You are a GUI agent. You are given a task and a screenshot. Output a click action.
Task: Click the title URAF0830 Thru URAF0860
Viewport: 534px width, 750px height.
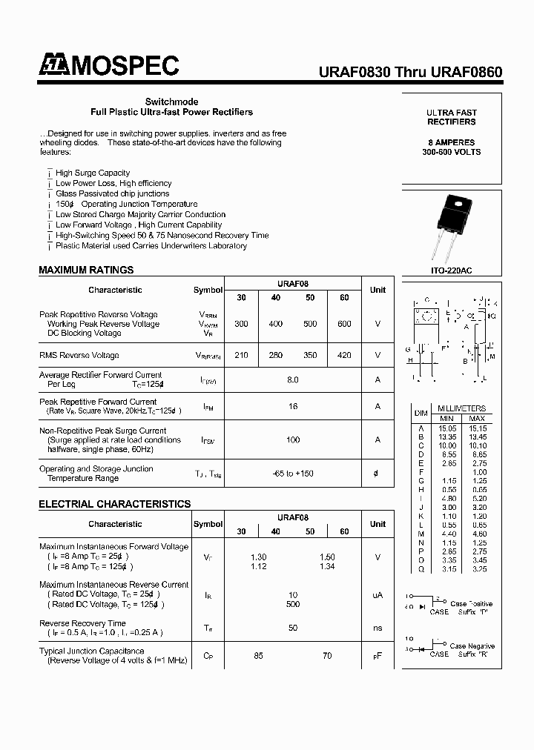coord(410,73)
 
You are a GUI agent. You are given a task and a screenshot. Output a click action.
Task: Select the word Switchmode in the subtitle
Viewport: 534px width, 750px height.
coord(171,102)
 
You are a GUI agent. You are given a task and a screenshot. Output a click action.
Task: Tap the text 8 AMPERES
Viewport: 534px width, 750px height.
coord(451,142)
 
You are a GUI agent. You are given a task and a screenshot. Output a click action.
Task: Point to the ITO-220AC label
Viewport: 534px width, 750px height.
coord(451,271)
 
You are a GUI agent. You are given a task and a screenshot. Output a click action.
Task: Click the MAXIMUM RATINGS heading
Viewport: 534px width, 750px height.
coord(86,270)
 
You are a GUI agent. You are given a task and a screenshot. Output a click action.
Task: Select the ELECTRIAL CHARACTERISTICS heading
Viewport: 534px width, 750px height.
coord(114,504)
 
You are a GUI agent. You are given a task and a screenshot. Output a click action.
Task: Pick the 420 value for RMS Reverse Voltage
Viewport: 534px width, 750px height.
coord(344,355)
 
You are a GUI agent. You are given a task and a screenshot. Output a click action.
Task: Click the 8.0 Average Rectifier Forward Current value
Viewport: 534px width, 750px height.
coord(293,379)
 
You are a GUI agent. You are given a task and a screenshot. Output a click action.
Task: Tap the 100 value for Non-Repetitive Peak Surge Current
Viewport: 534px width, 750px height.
coord(293,440)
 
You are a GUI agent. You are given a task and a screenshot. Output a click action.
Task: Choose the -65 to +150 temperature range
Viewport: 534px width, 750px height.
coord(293,473)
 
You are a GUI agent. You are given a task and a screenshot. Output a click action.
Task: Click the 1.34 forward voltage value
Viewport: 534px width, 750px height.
coord(327,566)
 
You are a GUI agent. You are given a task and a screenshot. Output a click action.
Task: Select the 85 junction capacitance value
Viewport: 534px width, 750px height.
coord(259,655)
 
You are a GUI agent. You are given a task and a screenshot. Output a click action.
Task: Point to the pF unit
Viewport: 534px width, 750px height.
coord(378,656)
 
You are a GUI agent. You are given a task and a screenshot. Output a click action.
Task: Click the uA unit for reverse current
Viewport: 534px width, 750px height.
coord(378,595)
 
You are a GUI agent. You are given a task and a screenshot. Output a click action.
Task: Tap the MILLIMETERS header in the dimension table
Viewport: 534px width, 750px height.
coord(461,408)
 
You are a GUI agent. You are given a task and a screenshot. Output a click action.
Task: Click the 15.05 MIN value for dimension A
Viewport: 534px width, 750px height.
coord(448,428)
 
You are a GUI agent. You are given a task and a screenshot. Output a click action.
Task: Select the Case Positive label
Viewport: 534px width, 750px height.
coord(471,604)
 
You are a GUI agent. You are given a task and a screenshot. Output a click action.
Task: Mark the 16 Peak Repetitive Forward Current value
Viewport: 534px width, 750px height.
coord(293,407)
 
